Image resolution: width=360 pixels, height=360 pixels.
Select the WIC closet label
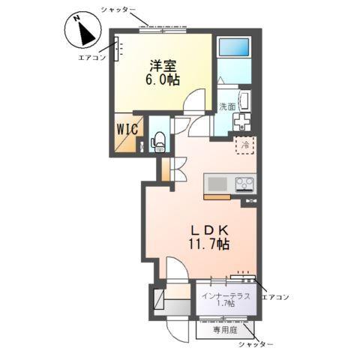point(126,128)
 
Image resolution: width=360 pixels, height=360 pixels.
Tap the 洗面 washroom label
point(227,107)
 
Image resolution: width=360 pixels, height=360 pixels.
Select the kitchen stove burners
point(245,182)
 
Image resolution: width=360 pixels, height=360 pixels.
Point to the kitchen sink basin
point(215,183)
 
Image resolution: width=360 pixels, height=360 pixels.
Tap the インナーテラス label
point(224,294)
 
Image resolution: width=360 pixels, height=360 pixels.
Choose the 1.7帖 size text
point(224,304)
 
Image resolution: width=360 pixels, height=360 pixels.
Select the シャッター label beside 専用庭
point(256,344)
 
